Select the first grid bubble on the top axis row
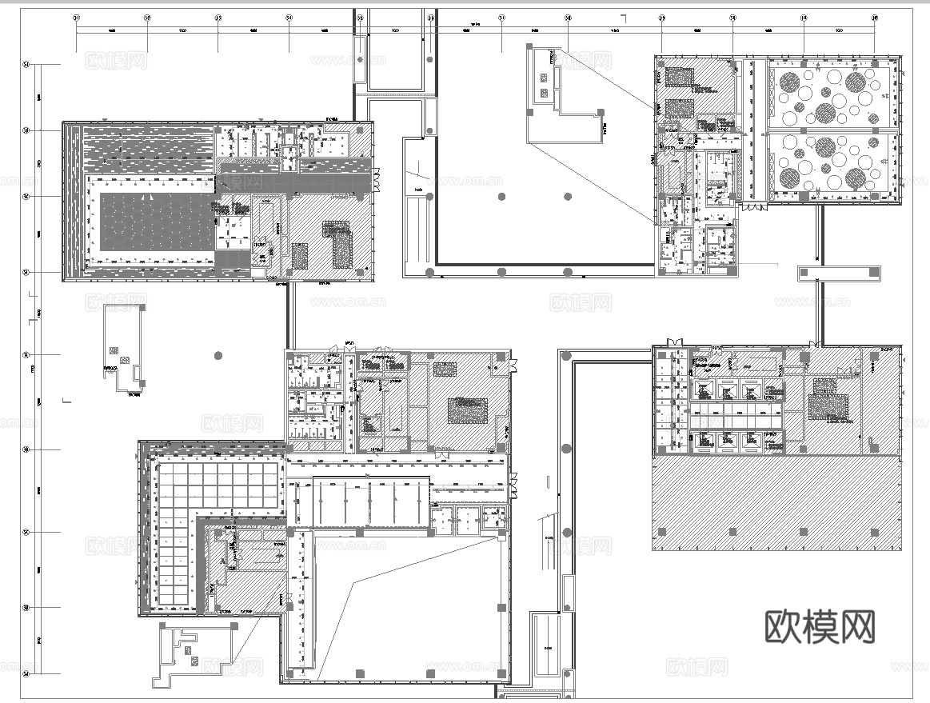76,17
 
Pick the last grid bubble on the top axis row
874,17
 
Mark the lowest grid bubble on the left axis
26,674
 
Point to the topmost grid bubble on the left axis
26,65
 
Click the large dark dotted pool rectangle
157,221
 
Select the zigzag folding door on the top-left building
374,181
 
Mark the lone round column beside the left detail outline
217,355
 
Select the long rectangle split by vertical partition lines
370,501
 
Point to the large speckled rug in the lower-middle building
468,410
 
